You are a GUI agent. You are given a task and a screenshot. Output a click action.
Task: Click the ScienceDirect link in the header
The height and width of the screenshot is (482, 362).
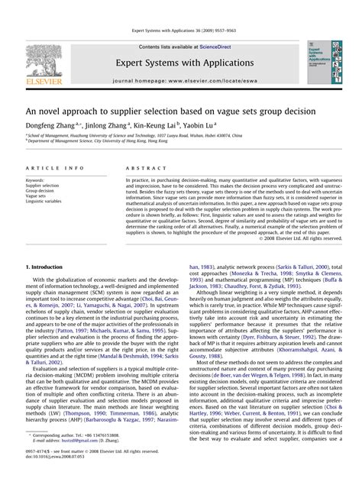tap(218, 47)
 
